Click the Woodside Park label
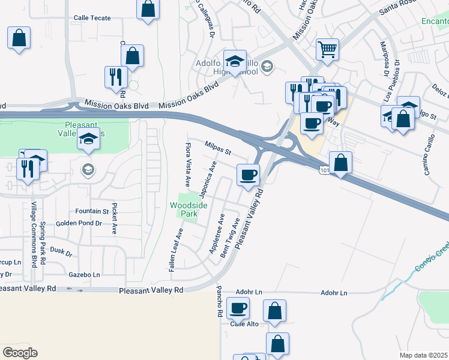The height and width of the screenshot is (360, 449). tap(188, 209)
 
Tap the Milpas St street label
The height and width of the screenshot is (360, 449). tap(218, 148)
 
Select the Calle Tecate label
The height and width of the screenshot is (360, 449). tap(92, 18)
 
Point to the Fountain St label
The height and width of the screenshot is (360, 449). tap(92, 211)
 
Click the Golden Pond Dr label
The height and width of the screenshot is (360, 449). tap(79, 223)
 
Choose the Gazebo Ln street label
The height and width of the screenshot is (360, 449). tap(84, 275)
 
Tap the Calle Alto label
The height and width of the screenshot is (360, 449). tap(244, 324)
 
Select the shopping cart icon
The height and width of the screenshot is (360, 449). tap(327, 50)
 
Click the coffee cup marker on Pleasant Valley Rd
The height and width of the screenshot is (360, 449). tap(249, 175)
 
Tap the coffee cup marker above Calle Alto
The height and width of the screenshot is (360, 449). tap(238, 308)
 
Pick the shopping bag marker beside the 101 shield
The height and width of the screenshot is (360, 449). tap(340, 162)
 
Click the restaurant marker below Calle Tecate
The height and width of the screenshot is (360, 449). tap(114, 77)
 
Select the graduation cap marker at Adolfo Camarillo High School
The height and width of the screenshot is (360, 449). tap(235, 61)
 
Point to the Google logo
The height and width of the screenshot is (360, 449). tap(20, 353)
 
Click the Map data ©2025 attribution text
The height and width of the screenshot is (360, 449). tap(423, 355)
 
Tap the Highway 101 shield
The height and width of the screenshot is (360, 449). tap(324, 170)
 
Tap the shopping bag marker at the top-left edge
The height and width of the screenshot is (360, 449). tap(19, 38)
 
